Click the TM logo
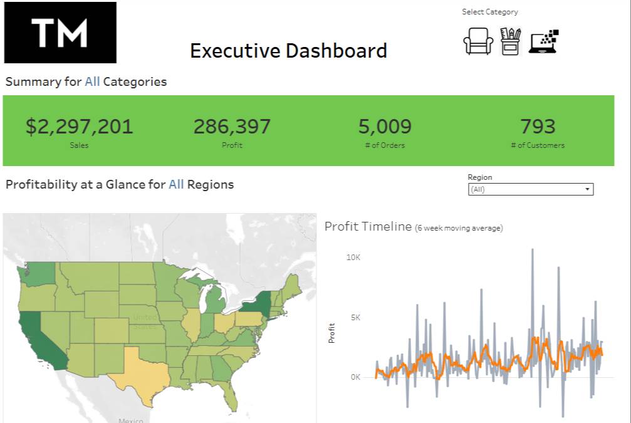(x=60, y=33)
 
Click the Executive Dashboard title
(x=288, y=51)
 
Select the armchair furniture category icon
(x=478, y=41)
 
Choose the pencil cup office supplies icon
(x=510, y=41)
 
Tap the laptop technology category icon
(x=544, y=41)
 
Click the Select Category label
(x=490, y=12)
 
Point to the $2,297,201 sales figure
(x=80, y=127)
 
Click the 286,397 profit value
(x=232, y=127)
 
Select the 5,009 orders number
(x=385, y=127)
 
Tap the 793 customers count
(x=538, y=127)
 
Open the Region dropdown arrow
(x=587, y=189)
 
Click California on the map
(x=38, y=338)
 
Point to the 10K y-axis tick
(x=353, y=258)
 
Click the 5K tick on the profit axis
(x=356, y=318)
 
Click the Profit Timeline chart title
(x=368, y=226)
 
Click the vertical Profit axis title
(x=331, y=333)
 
